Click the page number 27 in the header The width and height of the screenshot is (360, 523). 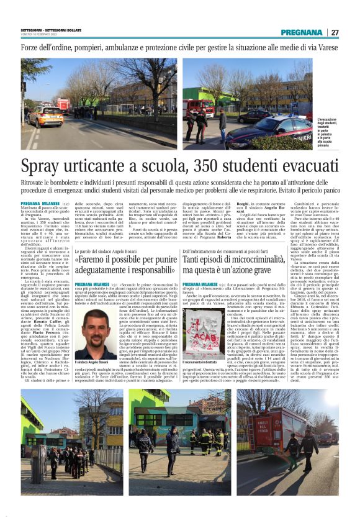point(335,32)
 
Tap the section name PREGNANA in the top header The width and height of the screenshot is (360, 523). point(301,32)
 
